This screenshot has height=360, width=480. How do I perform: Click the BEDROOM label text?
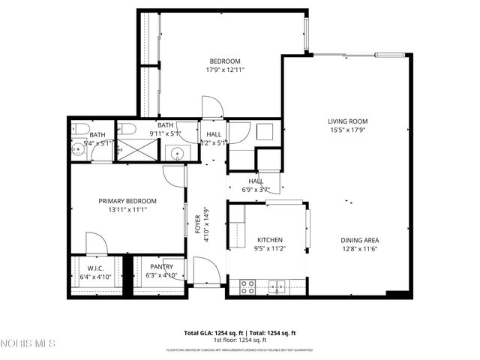click(224, 61)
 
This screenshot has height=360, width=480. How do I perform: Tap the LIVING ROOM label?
click(347, 121)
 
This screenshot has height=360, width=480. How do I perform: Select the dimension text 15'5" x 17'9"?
click(347, 129)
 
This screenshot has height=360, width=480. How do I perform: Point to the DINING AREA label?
click(360, 240)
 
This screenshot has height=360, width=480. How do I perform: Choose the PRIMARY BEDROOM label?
click(127, 201)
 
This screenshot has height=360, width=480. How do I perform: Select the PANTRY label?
click(161, 266)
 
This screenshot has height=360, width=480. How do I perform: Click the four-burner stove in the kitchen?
click(247, 285)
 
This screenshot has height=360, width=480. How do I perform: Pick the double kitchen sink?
click(277, 285)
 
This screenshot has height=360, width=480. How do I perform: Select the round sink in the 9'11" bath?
click(178, 154)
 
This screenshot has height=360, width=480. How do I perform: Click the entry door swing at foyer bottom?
click(204, 270)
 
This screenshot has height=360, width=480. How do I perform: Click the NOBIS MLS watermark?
click(28, 343)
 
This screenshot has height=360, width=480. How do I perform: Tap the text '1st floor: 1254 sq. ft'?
click(240, 340)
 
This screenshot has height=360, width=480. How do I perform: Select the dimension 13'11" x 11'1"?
click(127, 210)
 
